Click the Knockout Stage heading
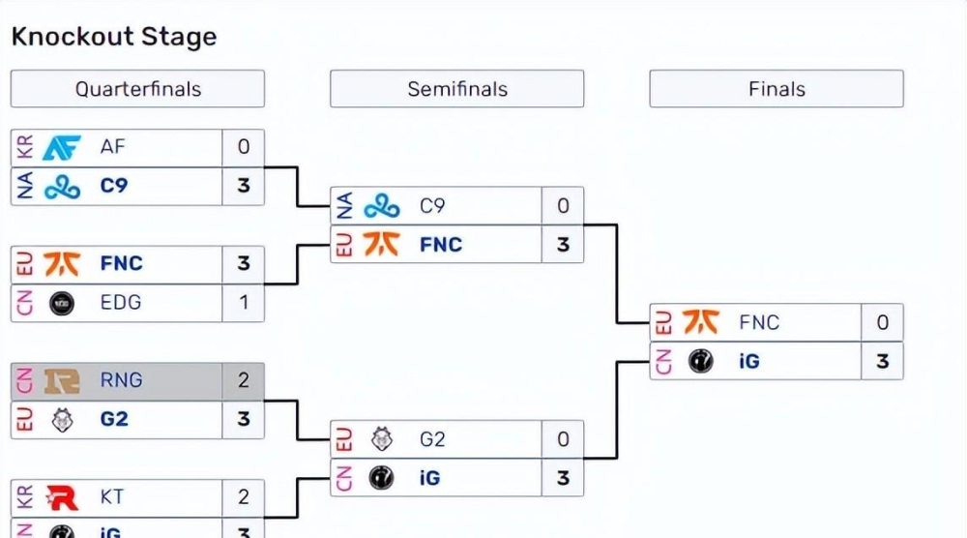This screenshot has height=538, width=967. (114, 38)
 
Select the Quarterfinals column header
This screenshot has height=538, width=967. (137, 89)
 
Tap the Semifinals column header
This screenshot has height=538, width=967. (456, 89)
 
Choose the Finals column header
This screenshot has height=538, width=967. (777, 89)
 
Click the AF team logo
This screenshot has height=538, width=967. (63, 147)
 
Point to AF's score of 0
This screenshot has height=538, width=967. (244, 147)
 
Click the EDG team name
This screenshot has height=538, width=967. (121, 303)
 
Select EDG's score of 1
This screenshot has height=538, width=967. (244, 303)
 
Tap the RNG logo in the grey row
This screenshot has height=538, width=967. (63, 381)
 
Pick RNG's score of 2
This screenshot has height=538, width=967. (244, 381)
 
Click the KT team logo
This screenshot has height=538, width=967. (63, 497)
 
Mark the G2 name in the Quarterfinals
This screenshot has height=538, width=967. (114, 420)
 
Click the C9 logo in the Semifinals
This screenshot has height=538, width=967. (382, 206)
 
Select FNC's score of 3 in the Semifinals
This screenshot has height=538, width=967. (563, 245)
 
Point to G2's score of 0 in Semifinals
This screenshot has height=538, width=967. (563, 439)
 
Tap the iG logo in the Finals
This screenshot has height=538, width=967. (701, 362)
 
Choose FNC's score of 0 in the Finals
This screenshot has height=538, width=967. (882, 322)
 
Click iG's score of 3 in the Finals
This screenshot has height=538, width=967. (882, 362)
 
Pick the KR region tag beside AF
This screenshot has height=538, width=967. (25, 147)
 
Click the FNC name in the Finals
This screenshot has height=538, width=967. (759, 322)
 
